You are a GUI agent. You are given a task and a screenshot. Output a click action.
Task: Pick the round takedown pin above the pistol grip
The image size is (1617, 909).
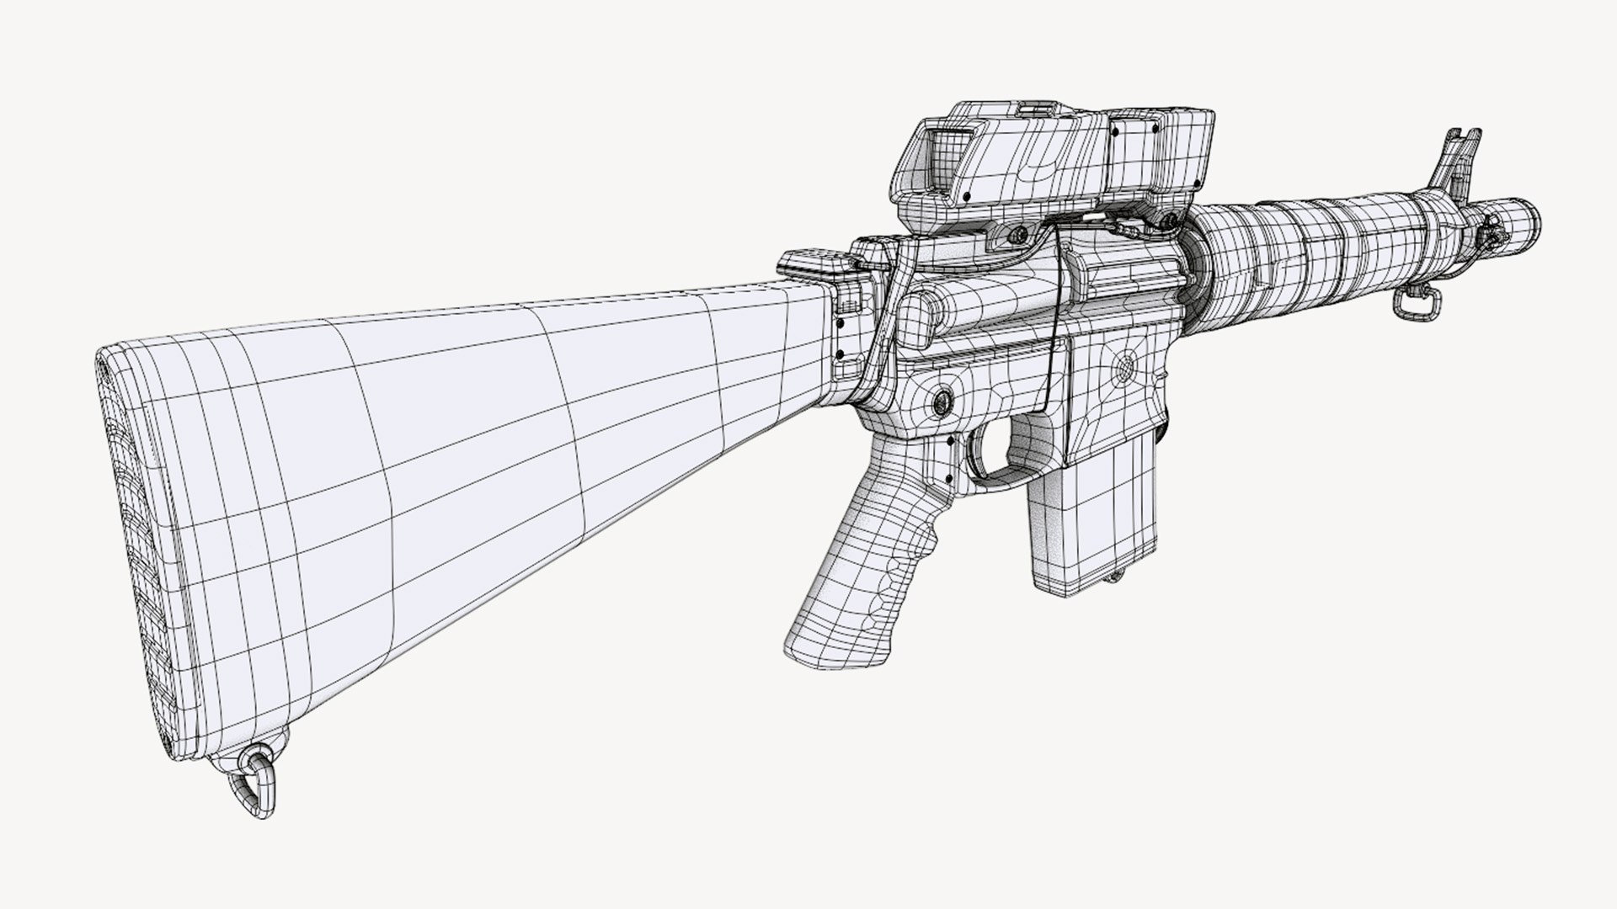click(x=938, y=401)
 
